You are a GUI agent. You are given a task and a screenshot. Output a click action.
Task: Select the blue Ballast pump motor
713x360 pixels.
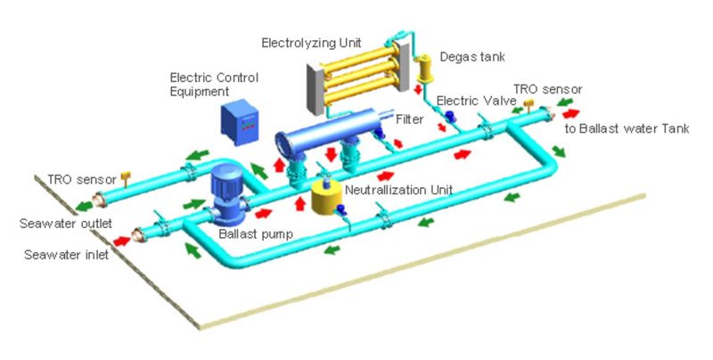pos(221,190)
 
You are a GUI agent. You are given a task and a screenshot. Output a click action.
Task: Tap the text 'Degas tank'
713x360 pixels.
pos(472,57)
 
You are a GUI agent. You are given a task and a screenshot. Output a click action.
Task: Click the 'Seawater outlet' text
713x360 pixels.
pos(56,222)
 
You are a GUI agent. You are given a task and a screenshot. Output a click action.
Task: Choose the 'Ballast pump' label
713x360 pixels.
pos(250,234)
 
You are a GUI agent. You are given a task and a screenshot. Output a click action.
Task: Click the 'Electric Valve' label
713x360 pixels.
pos(468,101)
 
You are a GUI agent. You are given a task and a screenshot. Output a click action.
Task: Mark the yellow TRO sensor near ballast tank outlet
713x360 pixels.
pos(529,105)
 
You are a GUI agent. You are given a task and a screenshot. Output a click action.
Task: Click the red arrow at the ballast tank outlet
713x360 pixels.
pos(570,114)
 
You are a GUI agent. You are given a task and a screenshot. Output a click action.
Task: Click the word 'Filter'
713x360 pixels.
pos(410,118)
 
